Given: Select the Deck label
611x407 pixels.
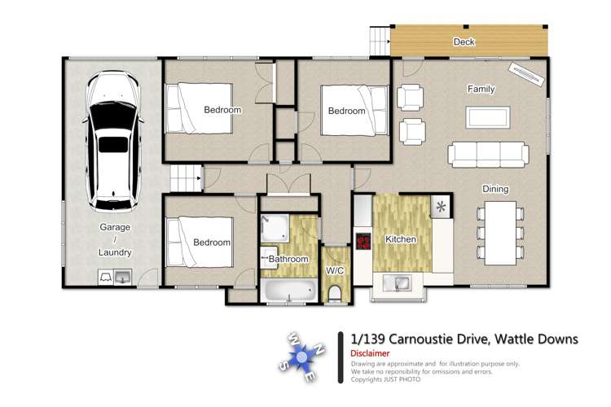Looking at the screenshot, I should click(x=464, y=42).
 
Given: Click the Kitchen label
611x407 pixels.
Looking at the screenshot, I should click(x=400, y=240).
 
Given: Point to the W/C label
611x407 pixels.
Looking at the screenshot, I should click(x=335, y=269).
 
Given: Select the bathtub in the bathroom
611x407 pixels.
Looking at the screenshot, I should click(x=290, y=289).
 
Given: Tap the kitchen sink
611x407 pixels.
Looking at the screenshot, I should click(x=399, y=283).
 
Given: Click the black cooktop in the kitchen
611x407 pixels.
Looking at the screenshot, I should click(x=363, y=242).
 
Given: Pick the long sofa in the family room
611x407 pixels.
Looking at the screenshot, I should click(x=487, y=153).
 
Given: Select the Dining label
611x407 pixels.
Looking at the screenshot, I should click(x=495, y=189).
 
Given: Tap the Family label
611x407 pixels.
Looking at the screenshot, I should click(x=481, y=89).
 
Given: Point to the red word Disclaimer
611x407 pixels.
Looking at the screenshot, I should click(x=370, y=353).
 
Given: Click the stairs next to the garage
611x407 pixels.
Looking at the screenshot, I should click(x=185, y=177).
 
